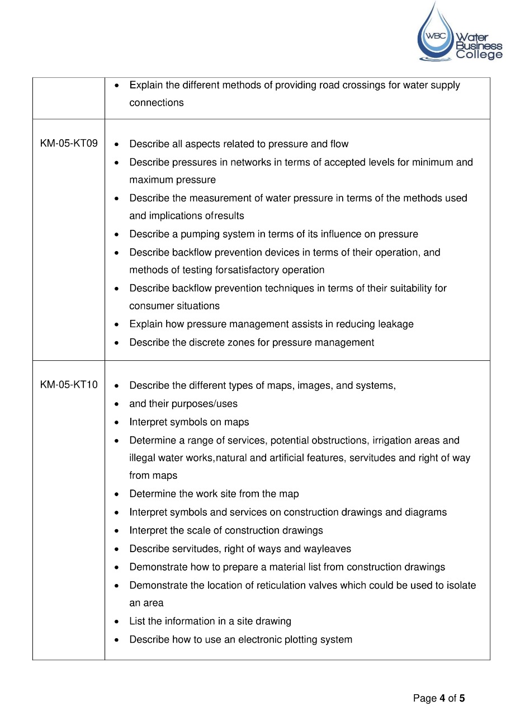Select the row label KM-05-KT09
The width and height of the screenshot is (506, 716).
coord(69,144)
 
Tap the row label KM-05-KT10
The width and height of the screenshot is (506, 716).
coord(69,385)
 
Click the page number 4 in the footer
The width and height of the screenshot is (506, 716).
coord(442,698)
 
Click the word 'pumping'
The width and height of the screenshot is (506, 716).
coord(198,234)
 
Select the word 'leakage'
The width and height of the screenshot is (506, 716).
coord(395,324)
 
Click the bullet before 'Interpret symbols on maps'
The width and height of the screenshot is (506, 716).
coord(116,422)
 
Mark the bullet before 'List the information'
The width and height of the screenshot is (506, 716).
coord(116,621)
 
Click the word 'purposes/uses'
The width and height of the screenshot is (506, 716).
coord(207,403)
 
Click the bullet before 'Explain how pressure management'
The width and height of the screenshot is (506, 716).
coord(116,324)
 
